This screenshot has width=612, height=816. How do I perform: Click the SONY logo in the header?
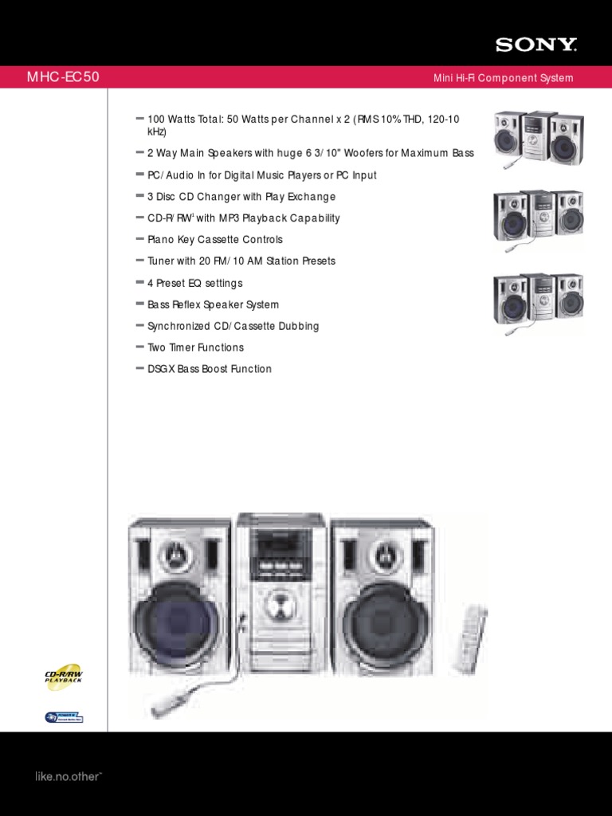point(535,45)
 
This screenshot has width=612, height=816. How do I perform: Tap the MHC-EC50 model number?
point(64,77)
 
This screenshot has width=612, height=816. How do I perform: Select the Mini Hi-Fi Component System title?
point(503,78)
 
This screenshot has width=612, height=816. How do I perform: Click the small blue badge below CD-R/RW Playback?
point(64,717)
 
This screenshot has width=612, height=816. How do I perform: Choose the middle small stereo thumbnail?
point(537,217)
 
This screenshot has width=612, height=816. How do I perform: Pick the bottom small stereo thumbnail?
point(537,300)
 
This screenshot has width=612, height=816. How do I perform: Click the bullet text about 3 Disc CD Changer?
point(241,197)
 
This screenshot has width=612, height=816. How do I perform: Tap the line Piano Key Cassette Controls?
point(215,240)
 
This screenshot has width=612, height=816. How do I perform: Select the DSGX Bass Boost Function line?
point(210,369)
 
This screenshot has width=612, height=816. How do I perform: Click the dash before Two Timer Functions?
point(140,347)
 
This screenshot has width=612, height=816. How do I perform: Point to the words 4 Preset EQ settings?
point(195,283)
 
